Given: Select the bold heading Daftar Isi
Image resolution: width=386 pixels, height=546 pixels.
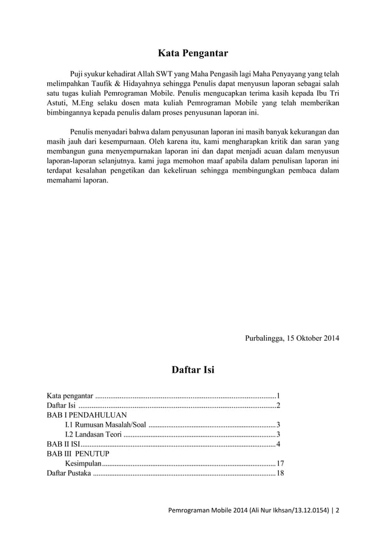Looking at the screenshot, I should click(193, 369).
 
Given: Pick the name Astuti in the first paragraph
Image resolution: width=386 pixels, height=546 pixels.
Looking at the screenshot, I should click(59, 104).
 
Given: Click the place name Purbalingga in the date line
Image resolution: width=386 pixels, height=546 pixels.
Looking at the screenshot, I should click(264, 337).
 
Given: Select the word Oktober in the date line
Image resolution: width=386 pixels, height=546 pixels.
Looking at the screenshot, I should click(309, 337).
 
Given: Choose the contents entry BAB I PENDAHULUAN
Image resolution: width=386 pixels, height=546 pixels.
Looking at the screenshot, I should click(87, 415).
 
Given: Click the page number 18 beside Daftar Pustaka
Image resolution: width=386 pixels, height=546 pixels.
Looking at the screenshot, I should click(280, 472).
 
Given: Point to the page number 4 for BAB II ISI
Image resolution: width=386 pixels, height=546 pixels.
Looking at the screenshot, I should click(278, 444).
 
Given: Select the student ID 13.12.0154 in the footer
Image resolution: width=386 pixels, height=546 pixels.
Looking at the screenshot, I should click(310, 510).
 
